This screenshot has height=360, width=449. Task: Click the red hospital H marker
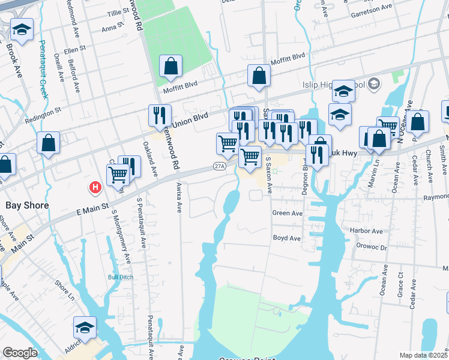point(95,188)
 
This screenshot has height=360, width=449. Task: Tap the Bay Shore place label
point(26,205)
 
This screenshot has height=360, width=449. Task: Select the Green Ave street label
point(288,213)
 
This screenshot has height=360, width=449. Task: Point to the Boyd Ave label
point(286,238)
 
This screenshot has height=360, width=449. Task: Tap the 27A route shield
point(219,166)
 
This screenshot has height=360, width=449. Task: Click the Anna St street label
point(112,28)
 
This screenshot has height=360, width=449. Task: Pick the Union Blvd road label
point(190,120)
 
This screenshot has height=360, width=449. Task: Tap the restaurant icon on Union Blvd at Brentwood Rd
point(160,115)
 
